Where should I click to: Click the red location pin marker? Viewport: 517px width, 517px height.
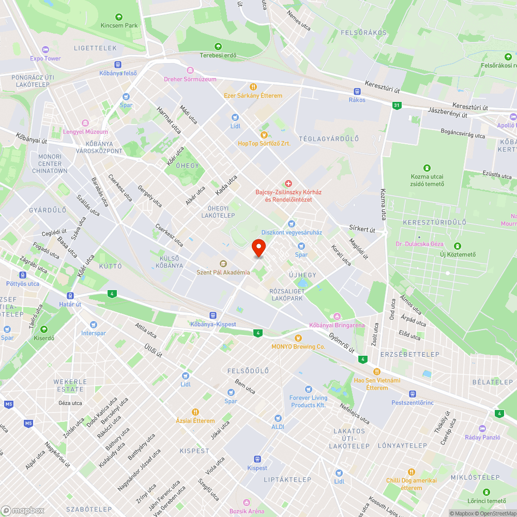coord(258,248)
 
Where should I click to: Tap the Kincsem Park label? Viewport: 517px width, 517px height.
coord(119,25)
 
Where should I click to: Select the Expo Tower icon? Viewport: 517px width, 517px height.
coord(45,50)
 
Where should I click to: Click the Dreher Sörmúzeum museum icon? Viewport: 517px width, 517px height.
coord(190,70)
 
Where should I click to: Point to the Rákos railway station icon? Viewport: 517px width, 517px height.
coord(357,91)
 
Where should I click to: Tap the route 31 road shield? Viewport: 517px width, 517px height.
coord(397,105)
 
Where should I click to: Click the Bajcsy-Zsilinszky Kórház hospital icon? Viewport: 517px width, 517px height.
coord(288,183)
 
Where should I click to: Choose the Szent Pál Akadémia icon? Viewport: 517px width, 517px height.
coord(223,264)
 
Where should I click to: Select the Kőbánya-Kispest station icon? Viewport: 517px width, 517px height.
coord(212,315)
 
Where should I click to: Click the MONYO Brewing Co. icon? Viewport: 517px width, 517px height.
coord(298,338)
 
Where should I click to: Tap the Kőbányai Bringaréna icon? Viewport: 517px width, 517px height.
coord(337,316)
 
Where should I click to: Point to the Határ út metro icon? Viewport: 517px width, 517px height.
coord(71,295)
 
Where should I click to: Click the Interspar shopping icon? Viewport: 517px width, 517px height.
coord(93,324)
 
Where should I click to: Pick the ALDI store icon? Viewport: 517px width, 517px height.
coord(278,418)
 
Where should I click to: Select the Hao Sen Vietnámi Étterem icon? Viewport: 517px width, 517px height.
coord(377,372)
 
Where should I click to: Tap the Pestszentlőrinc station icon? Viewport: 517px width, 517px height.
coord(412,393)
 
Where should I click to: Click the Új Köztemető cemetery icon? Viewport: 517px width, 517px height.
coord(457,246)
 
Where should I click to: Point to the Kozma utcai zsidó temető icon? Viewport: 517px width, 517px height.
coord(427,168)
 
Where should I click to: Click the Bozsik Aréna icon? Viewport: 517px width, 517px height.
coord(247,503)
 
